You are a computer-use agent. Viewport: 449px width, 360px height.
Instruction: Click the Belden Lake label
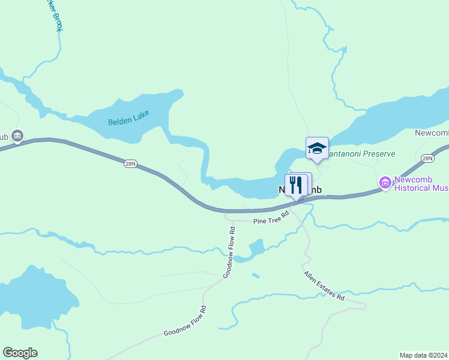click(128, 118)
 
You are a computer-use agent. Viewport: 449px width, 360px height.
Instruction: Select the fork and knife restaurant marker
click(295, 185)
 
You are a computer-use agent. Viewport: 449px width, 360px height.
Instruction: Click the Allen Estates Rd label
click(324, 286)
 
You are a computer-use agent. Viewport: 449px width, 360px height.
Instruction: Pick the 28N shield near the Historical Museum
click(427, 158)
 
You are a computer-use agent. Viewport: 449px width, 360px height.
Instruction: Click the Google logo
click(20, 353)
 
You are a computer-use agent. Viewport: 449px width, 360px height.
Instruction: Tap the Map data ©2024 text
click(423, 355)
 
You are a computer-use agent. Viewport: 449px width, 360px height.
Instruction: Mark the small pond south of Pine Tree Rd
click(257, 247)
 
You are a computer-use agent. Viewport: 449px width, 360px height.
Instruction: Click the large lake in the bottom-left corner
click(33, 294)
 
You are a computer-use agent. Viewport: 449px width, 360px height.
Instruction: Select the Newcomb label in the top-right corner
click(432, 133)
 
